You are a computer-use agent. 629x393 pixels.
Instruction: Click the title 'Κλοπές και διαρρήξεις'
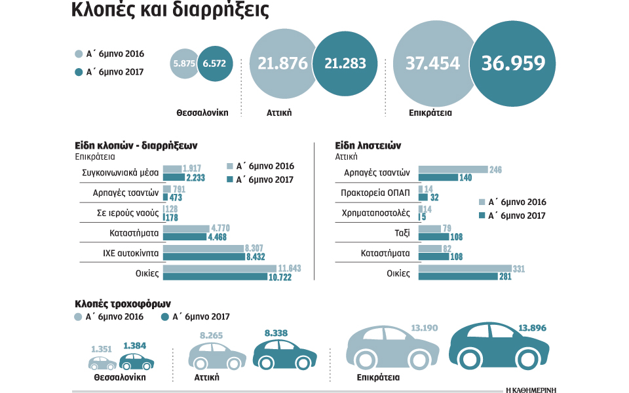(170, 12)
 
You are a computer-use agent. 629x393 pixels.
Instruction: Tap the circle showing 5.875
(184, 64)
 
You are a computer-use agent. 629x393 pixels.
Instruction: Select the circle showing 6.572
(214, 64)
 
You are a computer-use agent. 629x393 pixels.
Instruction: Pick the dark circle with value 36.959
(513, 64)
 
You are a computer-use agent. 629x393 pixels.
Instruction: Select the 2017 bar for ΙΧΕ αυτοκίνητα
(204, 257)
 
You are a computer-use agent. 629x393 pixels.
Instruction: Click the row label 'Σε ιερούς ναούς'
(128, 213)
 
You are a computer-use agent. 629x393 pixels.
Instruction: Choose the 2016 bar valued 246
(453, 170)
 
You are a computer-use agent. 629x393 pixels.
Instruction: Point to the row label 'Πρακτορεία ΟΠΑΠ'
(375, 193)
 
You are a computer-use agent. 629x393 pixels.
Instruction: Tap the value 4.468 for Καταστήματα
(219, 237)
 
